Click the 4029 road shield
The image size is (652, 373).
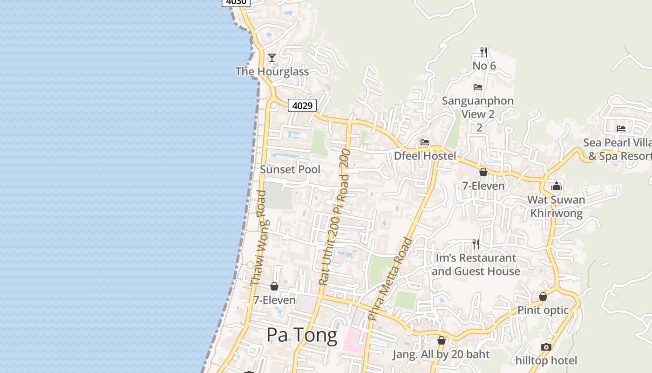point(302,106)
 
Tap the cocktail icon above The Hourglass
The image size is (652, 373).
point(272,58)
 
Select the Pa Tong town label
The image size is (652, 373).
point(302,335)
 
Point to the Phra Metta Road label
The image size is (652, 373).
point(390,279)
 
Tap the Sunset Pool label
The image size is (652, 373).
point(290,169)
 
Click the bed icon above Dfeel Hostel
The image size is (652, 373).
point(424,142)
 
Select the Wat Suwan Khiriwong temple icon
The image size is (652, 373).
point(556,186)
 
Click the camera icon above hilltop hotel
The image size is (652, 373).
point(546,347)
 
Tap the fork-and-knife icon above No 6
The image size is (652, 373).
point(484,52)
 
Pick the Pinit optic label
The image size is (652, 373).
point(543,310)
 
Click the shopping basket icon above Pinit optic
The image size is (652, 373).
point(543,297)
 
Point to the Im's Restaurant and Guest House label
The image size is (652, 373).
point(475,264)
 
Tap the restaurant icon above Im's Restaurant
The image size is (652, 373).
point(475,244)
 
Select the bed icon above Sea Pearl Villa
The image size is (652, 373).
point(621,129)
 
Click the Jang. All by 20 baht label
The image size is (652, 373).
point(441,354)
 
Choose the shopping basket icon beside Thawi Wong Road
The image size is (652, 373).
point(274,286)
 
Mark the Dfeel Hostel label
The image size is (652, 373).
point(425,156)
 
